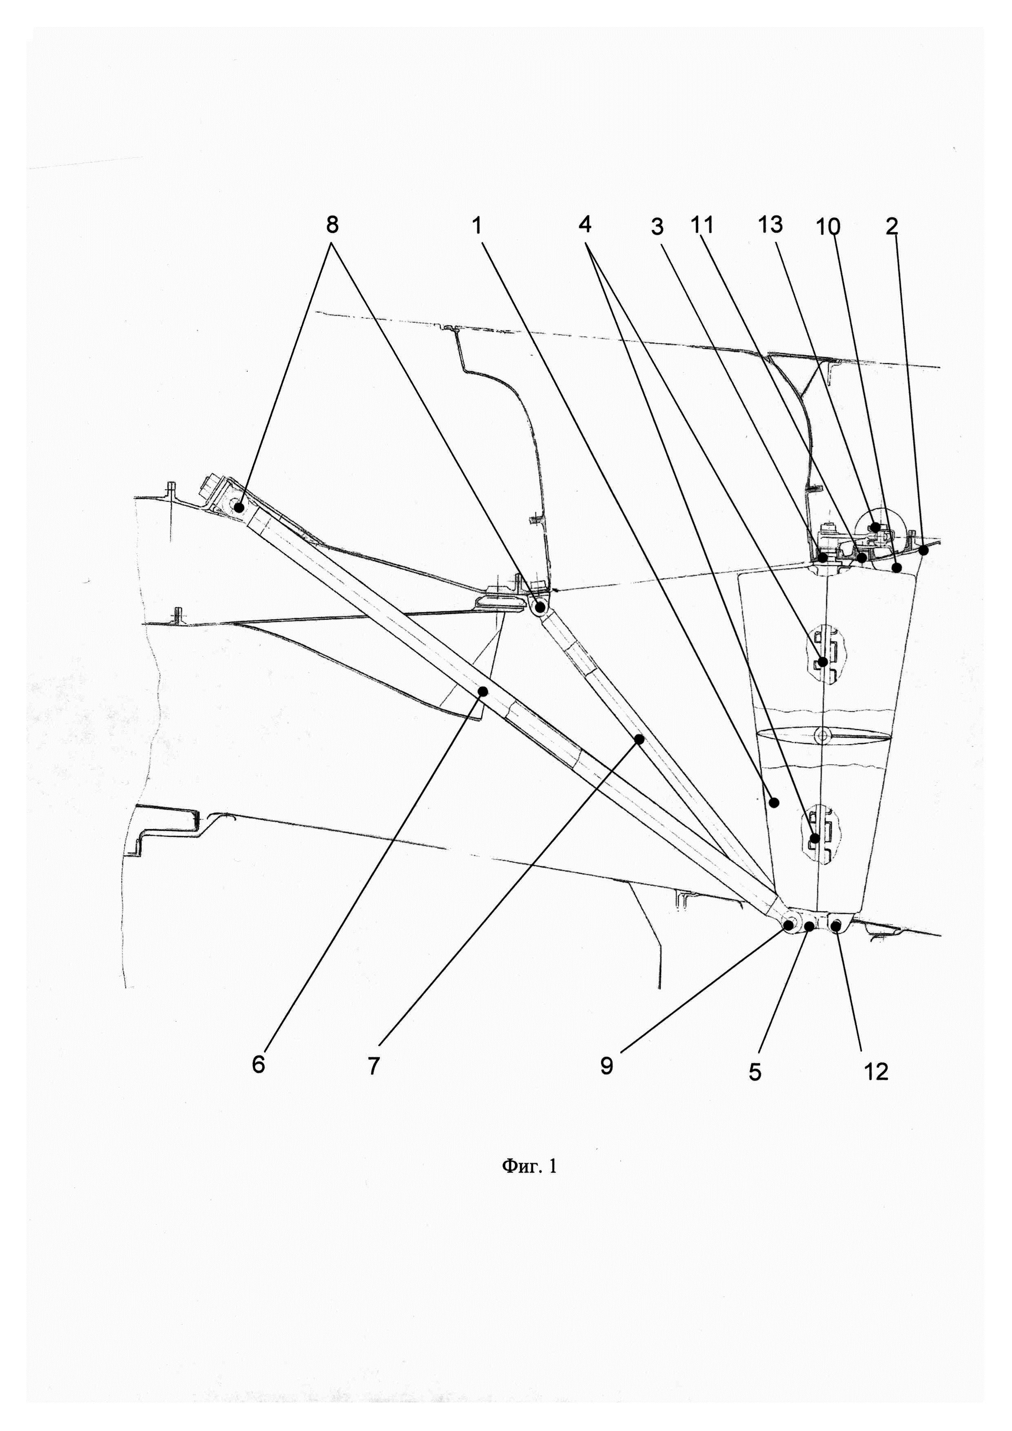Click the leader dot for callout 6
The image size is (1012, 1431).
pos(483,690)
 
